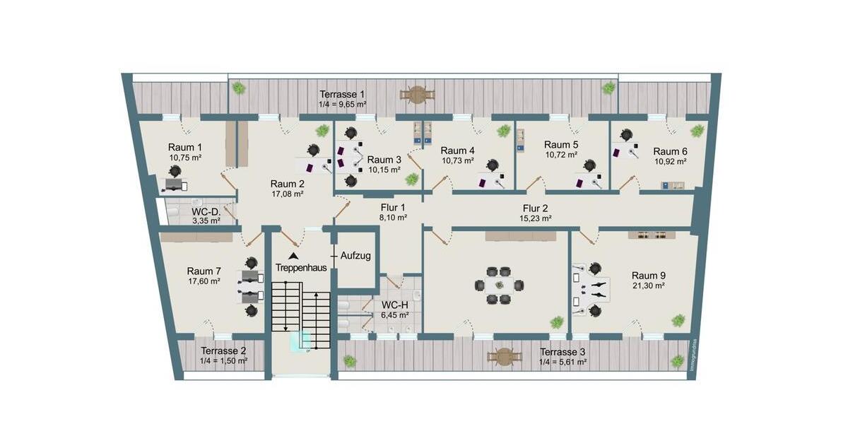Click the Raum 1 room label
coord(185,147)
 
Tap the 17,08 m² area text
coord(288,193)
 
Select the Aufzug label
coord(355,256)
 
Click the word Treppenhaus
coord(301,269)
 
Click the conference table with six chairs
coord(499,285)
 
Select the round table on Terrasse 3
coord(504,357)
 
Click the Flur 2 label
coord(535,208)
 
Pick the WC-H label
coord(394,305)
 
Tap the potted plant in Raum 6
coord(697,130)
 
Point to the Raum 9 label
coord(649,276)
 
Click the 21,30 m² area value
coord(649,286)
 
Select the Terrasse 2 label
coord(223,351)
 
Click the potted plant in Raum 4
coord(503,131)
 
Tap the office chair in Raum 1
coord(175,171)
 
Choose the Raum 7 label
coord(204,271)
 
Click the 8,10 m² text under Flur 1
coord(392,218)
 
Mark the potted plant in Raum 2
coord(322,130)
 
